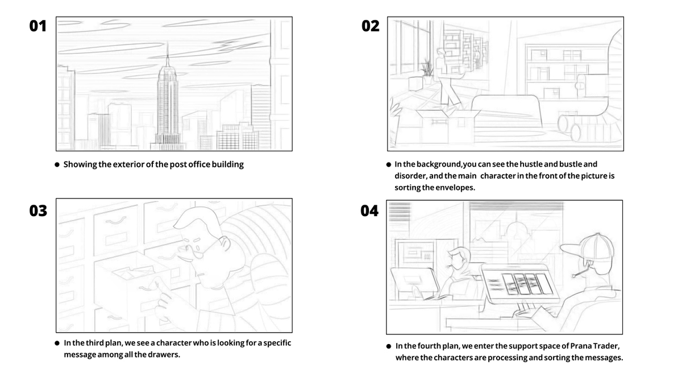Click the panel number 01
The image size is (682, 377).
[38, 26]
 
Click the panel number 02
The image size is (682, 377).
[370, 26]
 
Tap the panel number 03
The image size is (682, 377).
[38, 210]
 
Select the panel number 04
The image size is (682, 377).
[369, 211]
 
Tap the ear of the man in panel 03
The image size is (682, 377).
[225, 245]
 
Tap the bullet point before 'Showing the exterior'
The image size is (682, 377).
[57, 165]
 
